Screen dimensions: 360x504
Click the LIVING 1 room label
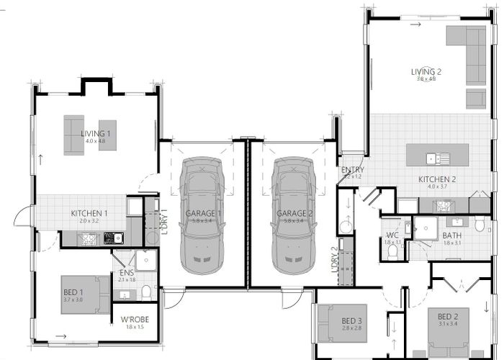(x=95, y=133)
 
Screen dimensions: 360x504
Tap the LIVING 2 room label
(x=426, y=72)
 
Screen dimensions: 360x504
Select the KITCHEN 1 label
(x=89, y=214)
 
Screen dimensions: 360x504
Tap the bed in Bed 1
(x=85, y=294)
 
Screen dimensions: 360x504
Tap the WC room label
(x=392, y=235)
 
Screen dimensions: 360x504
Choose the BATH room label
(x=452, y=235)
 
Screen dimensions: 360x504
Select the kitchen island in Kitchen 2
(x=438, y=156)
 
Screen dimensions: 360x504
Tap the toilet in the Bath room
(x=480, y=225)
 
